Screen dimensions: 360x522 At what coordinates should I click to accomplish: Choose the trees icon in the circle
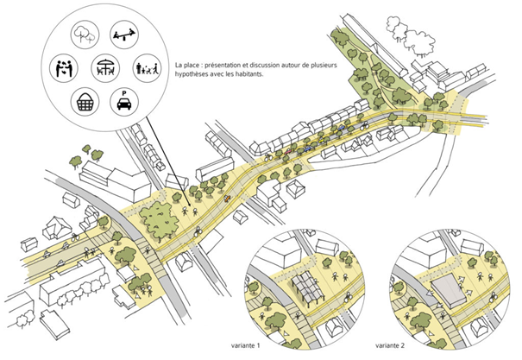[85, 35]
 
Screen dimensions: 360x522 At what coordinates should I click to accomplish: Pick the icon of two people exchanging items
[61, 66]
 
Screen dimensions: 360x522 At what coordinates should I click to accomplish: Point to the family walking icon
[144, 67]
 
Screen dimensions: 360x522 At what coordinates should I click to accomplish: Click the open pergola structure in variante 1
[309, 287]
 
